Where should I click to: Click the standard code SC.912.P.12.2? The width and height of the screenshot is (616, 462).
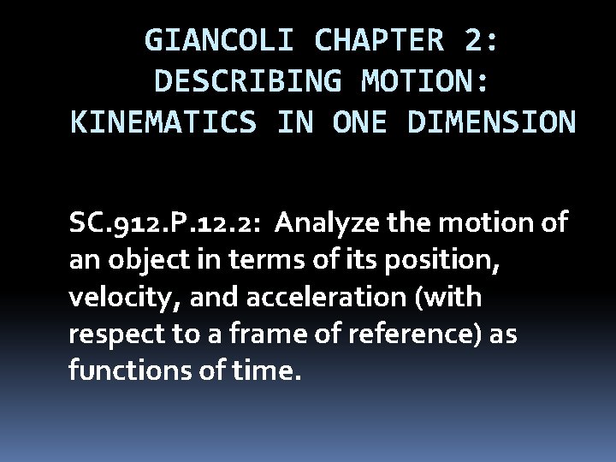[164, 225]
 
